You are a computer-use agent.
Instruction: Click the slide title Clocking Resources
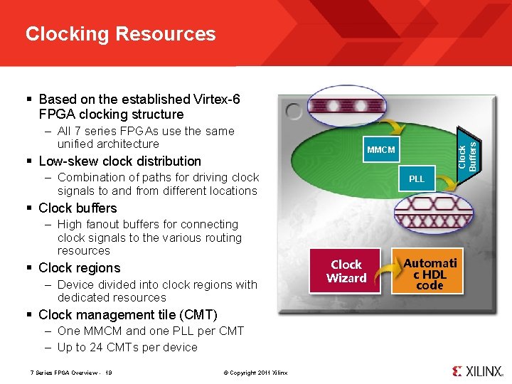pos(120,34)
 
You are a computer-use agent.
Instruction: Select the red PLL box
pos(417,178)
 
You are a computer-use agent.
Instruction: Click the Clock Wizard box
pos(346,271)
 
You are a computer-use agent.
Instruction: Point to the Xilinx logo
pos(477,370)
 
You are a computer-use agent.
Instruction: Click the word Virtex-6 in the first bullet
pos(215,99)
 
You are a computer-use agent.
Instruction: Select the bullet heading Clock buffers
pos(78,208)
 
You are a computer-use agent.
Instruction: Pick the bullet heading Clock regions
pos(79,267)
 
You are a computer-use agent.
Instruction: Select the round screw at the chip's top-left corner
pos(293,112)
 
